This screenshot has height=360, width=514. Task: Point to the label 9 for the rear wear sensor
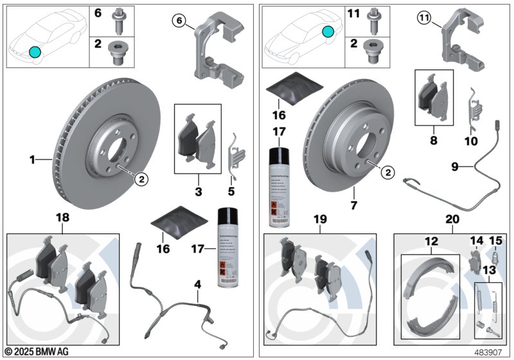pyautogui.click(x=454, y=166)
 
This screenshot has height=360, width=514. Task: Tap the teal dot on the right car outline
pyautogui.click(x=328, y=30)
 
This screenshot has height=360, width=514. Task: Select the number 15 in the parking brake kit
pyautogui.click(x=495, y=241)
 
